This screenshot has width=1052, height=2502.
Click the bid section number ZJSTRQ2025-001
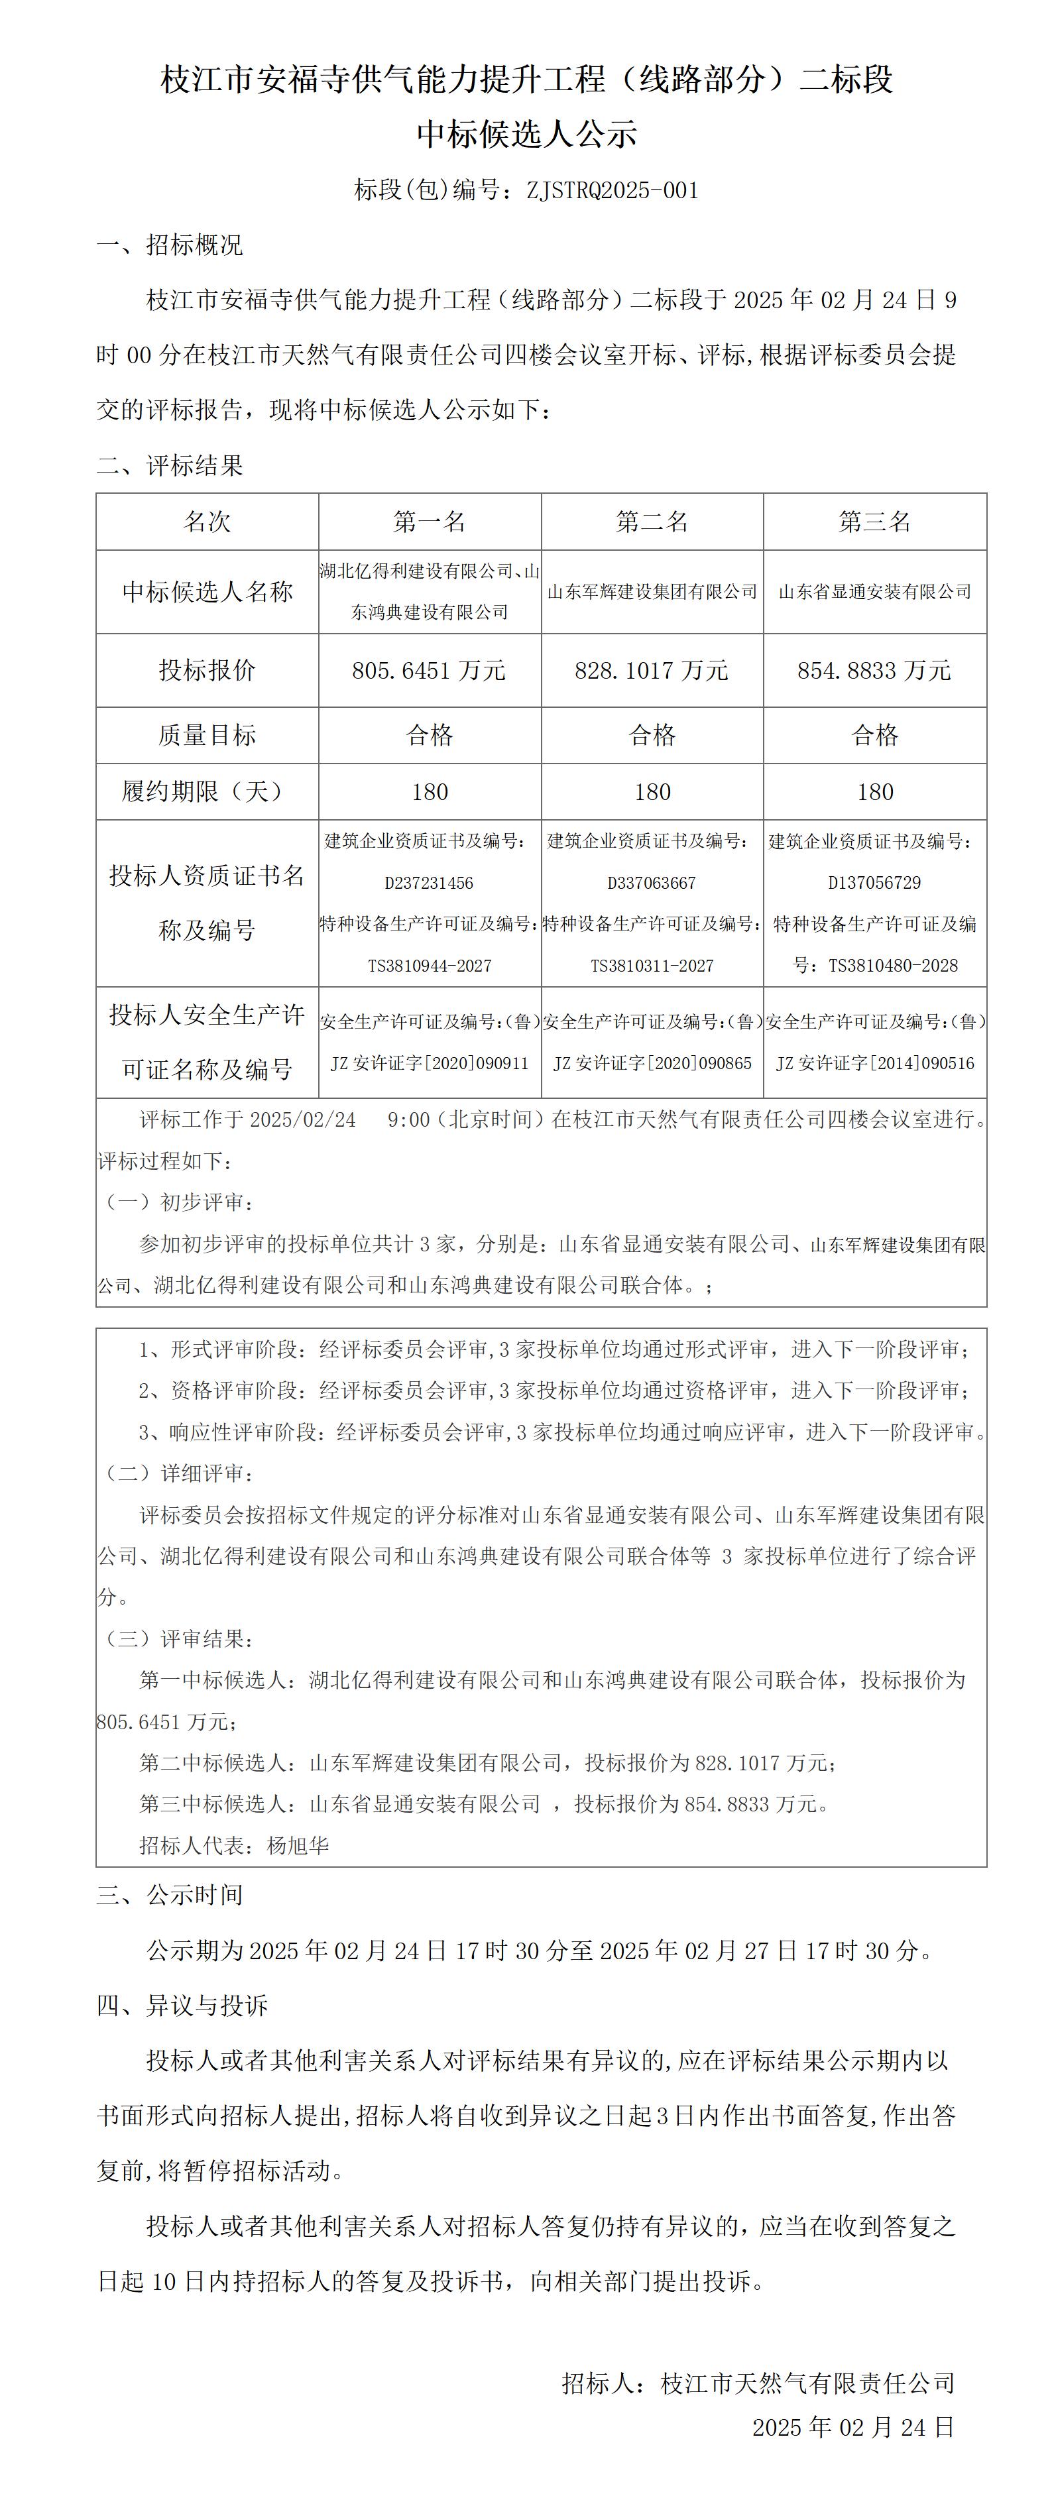coord(612,190)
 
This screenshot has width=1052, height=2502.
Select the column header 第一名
coord(430,522)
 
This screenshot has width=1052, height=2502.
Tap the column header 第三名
coord(874,522)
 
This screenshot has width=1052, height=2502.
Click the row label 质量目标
coord(207,735)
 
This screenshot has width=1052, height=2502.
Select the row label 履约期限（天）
coord(207,791)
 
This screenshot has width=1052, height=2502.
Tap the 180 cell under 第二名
coord(652,791)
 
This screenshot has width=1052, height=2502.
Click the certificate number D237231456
coord(430,883)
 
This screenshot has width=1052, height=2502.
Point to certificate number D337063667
coord(652,883)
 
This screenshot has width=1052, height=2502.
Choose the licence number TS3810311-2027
coord(652,966)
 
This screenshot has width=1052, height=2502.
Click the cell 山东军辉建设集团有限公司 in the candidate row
coord(652,591)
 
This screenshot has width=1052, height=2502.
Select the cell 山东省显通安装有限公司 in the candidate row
coord(874,591)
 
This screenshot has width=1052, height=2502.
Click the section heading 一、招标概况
coord(170,245)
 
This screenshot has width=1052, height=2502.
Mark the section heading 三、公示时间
coord(170,1895)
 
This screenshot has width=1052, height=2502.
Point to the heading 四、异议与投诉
coord(182,2005)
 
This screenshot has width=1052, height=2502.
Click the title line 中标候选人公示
coord(526,134)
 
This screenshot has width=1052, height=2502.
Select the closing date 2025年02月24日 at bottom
coord(853,2427)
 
